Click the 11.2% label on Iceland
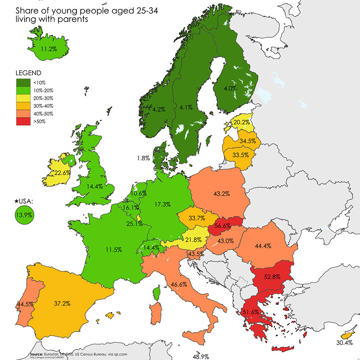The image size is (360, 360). click(x=48, y=48)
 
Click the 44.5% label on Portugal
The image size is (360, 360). click(x=25, y=304)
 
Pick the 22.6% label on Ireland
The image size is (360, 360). click(x=63, y=173)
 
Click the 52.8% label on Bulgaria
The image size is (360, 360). click(x=272, y=277)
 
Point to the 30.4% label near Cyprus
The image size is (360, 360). click(x=344, y=343)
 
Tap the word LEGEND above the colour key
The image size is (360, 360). click(x=28, y=73)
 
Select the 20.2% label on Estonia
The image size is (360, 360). click(x=241, y=122)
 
